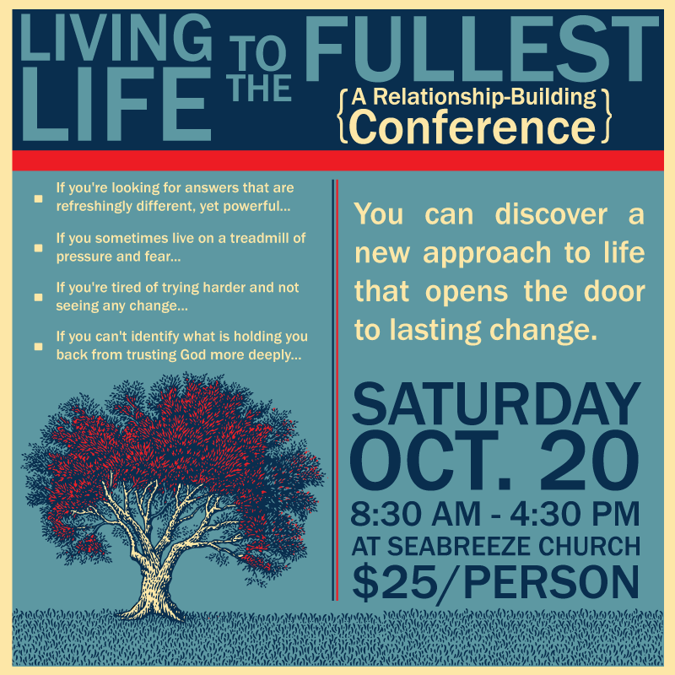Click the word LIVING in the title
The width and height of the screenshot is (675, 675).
coord(116,38)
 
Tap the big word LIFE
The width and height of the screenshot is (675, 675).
coord(116,104)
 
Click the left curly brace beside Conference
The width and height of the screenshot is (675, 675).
coord(343,116)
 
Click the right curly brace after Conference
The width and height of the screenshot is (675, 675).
coord(605,116)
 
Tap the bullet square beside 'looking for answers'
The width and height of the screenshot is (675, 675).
coord(38,198)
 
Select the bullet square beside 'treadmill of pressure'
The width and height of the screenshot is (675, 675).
coord(38,248)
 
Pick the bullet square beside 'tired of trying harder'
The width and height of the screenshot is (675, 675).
coord(38,297)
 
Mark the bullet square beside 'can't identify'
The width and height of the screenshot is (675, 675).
coord(38,347)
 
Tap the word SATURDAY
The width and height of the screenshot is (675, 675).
coord(496,404)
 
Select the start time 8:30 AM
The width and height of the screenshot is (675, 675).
coord(415,514)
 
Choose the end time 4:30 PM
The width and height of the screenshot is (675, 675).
coord(575,514)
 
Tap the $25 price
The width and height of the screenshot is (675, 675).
coord(395,582)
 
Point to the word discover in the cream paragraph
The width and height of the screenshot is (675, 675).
coord(551,214)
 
